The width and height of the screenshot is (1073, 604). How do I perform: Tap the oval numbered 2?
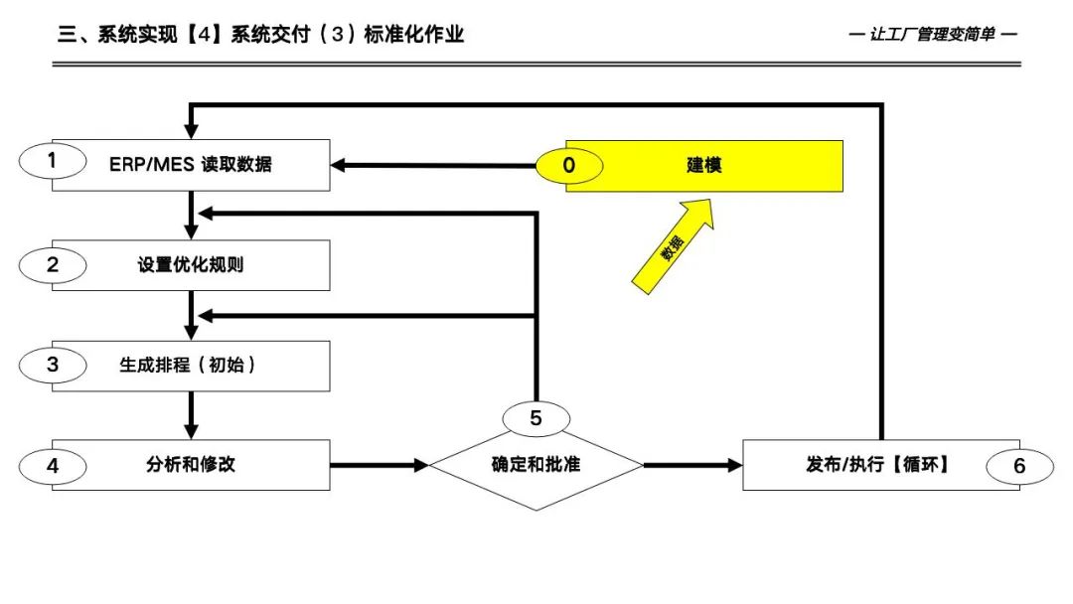(52, 264)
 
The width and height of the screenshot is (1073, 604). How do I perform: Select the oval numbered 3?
(52, 365)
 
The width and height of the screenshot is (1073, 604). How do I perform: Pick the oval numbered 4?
(52, 464)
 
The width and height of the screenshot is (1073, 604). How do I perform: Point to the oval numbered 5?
(536, 418)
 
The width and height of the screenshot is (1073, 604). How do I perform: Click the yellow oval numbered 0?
(568, 165)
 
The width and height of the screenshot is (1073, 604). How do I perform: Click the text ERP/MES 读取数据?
(191, 165)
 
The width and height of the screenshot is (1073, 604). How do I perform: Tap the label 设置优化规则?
(191, 265)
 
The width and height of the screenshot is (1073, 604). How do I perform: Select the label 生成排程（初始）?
(189, 365)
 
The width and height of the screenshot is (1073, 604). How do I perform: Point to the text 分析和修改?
(191, 464)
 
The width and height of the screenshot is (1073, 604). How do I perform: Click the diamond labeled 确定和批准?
(536, 465)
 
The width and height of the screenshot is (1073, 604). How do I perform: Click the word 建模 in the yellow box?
(703, 165)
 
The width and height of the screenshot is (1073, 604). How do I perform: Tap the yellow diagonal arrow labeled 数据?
(673, 245)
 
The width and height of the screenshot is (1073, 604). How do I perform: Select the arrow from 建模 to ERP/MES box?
(437, 165)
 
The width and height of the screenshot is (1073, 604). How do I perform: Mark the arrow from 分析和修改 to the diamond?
(379, 464)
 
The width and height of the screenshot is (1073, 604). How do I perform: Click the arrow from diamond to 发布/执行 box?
(693, 464)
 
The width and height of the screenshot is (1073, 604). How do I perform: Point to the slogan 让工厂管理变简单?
(934, 35)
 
